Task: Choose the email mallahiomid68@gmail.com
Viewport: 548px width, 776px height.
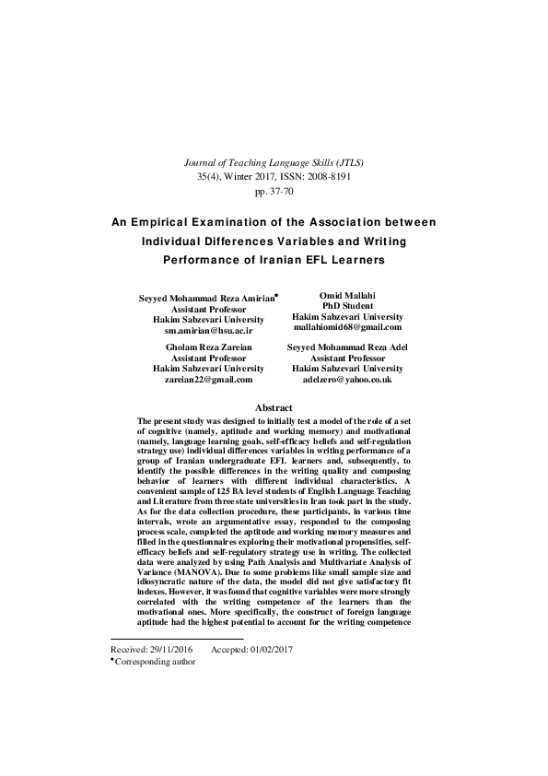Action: [x=346, y=326]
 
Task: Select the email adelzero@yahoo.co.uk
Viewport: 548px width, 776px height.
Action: [x=346, y=379]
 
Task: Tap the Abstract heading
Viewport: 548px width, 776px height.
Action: [x=274, y=408]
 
